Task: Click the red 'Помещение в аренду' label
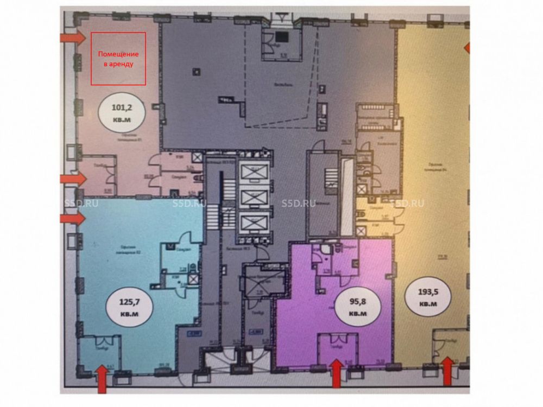coord(118,59)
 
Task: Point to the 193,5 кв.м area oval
coord(428,297)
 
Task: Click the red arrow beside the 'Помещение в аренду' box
coord(72,38)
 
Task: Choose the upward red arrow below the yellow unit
coord(447,372)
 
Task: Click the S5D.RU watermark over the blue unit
coord(189,203)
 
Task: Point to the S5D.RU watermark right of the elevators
coord(299,203)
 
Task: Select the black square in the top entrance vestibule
coord(281,37)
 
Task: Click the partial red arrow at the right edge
coord(466,49)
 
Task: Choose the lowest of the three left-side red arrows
coord(72,218)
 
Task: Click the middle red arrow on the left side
coord(72,179)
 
